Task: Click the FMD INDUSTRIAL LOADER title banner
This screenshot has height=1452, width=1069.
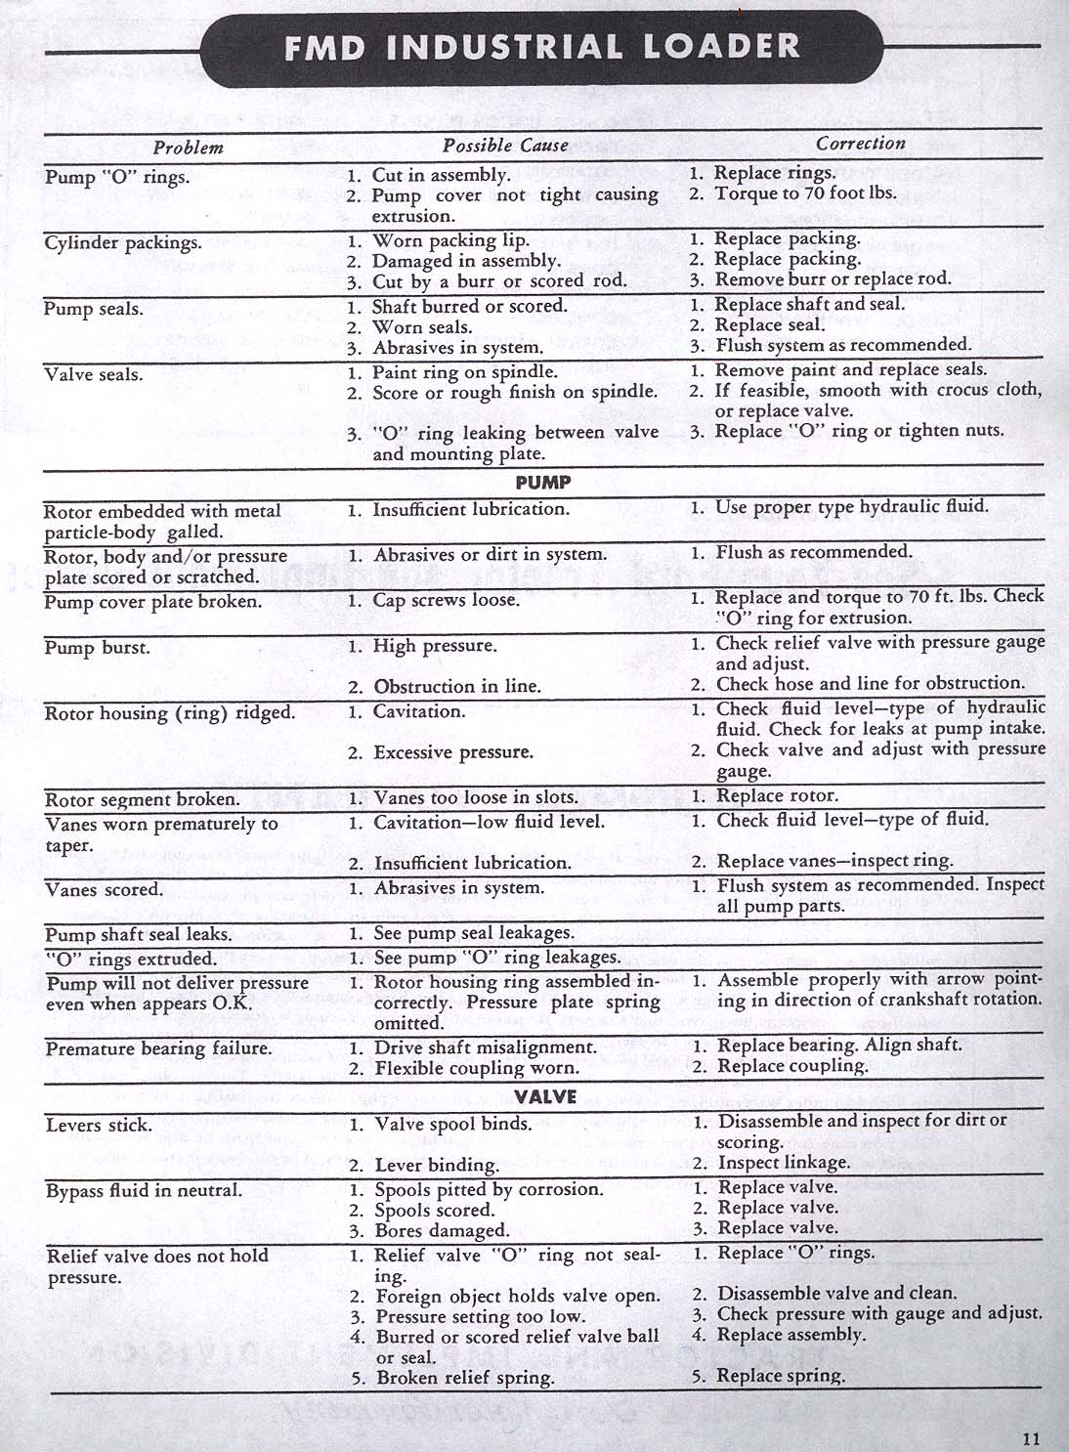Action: click(542, 47)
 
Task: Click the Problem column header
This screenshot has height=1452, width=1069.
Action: click(188, 148)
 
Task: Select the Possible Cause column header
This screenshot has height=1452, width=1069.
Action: click(504, 146)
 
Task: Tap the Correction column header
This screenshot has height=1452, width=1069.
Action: click(860, 144)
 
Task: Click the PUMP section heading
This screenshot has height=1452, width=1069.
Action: click(543, 482)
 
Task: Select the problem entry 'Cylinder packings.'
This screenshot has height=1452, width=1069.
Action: click(122, 242)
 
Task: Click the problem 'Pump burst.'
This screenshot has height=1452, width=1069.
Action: click(97, 647)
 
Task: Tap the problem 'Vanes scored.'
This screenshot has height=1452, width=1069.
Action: click(104, 889)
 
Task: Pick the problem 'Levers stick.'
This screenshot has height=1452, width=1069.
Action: click(99, 1125)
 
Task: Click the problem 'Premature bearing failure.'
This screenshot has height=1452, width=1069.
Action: click(158, 1048)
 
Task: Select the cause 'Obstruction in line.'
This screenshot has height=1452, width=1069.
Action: click(456, 686)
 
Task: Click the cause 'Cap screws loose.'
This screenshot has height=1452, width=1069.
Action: click(446, 600)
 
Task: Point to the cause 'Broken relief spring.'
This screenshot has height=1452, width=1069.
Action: click(464, 1378)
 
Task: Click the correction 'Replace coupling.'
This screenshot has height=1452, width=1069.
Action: click(791, 1066)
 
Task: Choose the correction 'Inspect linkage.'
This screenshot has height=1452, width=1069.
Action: click(784, 1163)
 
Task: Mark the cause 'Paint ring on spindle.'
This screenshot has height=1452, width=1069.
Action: click(465, 371)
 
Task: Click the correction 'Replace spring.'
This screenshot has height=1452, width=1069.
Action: click(780, 1376)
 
